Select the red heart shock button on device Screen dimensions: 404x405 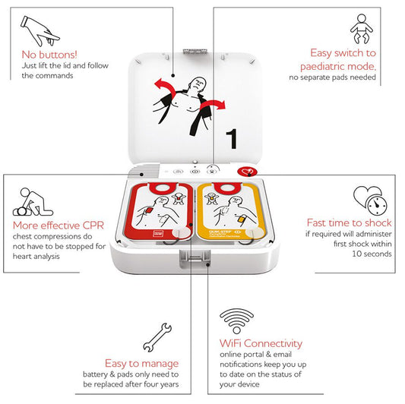245,172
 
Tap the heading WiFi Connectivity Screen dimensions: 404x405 261,343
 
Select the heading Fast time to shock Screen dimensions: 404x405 349,223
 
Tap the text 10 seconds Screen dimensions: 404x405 372,254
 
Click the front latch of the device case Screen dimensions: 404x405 195,262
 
